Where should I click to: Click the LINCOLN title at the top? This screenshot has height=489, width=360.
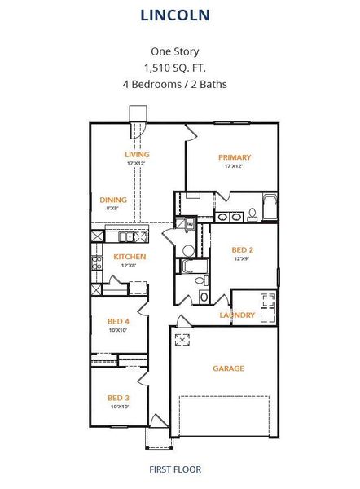point(175,15)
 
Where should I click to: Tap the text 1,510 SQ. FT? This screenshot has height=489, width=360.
point(175,67)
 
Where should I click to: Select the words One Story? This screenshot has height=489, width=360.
point(175,51)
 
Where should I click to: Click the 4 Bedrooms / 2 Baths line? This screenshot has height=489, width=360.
point(175,83)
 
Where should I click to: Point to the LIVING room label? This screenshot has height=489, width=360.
point(136,154)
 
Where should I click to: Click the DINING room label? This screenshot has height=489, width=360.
point(112,200)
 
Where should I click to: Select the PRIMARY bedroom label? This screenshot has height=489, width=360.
point(235,157)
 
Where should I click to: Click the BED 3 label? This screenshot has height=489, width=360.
point(119,398)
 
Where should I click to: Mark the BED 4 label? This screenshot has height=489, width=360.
point(119,321)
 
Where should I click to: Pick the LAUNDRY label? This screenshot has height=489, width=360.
point(238,315)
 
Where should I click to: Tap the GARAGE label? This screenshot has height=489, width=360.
point(229,368)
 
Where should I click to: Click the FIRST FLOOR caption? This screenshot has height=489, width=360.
point(175,469)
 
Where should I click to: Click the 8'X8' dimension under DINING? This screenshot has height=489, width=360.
point(112,209)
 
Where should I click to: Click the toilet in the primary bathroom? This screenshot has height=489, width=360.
point(252,214)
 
